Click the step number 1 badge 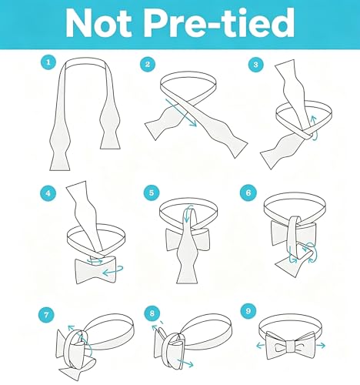tap(48, 62)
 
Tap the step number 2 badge tap(148, 64)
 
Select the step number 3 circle tap(255, 65)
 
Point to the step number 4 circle tap(48, 193)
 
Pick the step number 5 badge tap(152, 192)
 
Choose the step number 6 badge tap(248, 192)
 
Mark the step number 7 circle tap(46, 314)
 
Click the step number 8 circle tap(152, 313)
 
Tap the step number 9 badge tap(248, 311)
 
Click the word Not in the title tap(98, 22)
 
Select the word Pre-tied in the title tap(220, 22)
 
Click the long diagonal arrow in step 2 tap(181, 112)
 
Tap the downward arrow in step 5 tap(187, 213)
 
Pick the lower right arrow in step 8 tap(185, 363)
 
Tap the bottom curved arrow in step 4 tap(113, 271)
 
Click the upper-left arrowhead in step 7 tap(70, 327)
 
